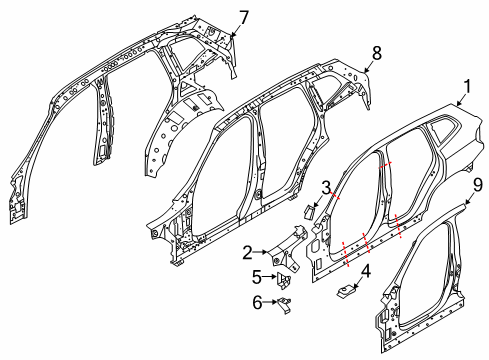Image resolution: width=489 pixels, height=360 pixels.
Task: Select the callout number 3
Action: click(x=327, y=188)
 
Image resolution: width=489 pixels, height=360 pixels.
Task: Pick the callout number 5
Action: click(x=257, y=276)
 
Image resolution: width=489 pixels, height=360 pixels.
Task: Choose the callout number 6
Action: click(x=257, y=302)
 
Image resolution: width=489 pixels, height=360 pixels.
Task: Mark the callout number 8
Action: click(x=376, y=49)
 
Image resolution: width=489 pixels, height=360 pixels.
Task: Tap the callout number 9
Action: click(x=478, y=185)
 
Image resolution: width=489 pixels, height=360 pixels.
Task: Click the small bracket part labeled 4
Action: click(x=347, y=289)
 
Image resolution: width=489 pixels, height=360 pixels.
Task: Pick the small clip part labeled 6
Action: click(x=284, y=303)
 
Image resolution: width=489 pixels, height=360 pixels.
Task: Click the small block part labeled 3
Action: click(x=310, y=211)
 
